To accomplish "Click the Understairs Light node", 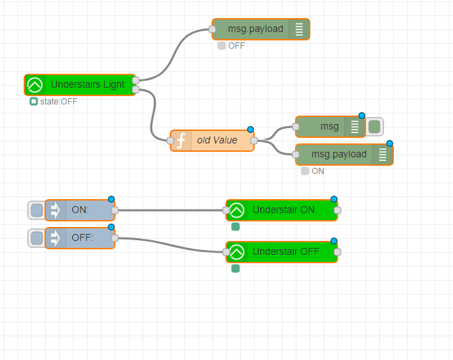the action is click(80, 85).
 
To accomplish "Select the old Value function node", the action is click(212, 141).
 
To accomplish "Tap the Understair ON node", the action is click(282, 210).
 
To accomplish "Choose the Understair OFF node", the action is click(282, 252).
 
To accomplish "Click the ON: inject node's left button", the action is click(37, 210).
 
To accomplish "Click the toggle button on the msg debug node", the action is click(374, 127).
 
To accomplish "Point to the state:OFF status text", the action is click(58, 102).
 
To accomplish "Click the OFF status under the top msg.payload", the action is click(237, 46).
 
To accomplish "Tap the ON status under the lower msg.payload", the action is click(318, 171).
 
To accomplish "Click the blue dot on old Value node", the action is click(251, 130).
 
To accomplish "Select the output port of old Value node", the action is click(254, 141).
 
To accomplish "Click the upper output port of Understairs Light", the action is click(136, 80).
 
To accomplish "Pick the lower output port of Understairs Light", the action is click(136, 90).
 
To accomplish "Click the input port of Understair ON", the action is click(226, 210).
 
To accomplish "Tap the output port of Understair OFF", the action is click(337, 252).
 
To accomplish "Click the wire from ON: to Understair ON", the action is click(170, 210).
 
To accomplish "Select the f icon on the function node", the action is click(181, 141).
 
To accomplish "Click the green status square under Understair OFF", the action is click(235, 269).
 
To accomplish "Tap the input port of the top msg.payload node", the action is click(212, 29).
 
